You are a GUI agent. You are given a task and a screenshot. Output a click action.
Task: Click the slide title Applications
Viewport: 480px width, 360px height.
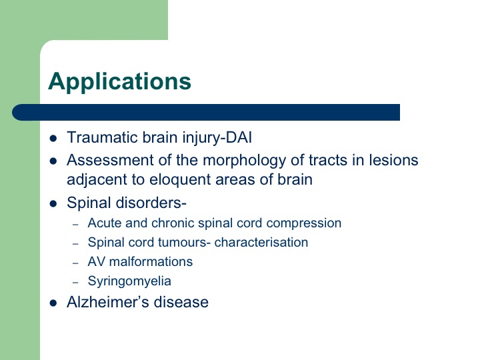pyautogui.click(x=120, y=81)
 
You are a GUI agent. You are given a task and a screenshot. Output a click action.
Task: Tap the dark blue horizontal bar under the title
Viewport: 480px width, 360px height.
pyautogui.click(x=206, y=113)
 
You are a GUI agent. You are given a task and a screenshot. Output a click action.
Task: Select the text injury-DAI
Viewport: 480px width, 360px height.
pyautogui.click(x=217, y=137)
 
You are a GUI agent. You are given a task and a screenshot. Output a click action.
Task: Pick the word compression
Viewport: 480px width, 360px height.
pyautogui.click(x=304, y=223)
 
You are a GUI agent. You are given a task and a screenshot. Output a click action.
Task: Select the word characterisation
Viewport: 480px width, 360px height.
pyautogui.click(x=261, y=243)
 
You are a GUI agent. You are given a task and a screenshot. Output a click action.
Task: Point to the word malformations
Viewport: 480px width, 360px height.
pyautogui.click(x=151, y=262)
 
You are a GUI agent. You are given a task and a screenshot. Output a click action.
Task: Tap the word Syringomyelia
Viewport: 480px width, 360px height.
pyautogui.click(x=129, y=281)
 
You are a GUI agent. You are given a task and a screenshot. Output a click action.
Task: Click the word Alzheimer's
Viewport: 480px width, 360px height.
pyautogui.click(x=108, y=302)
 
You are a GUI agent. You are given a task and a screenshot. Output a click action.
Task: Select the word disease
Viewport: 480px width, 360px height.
pyautogui.click(x=181, y=302)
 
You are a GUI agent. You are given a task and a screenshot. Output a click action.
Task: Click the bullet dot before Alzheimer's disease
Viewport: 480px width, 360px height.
pyautogui.click(x=53, y=303)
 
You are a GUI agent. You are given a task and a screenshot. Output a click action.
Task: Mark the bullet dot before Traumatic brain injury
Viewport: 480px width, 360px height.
pyautogui.click(x=53, y=139)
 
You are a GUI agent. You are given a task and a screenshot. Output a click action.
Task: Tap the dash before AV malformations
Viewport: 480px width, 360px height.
pyautogui.click(x=75, y=263)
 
